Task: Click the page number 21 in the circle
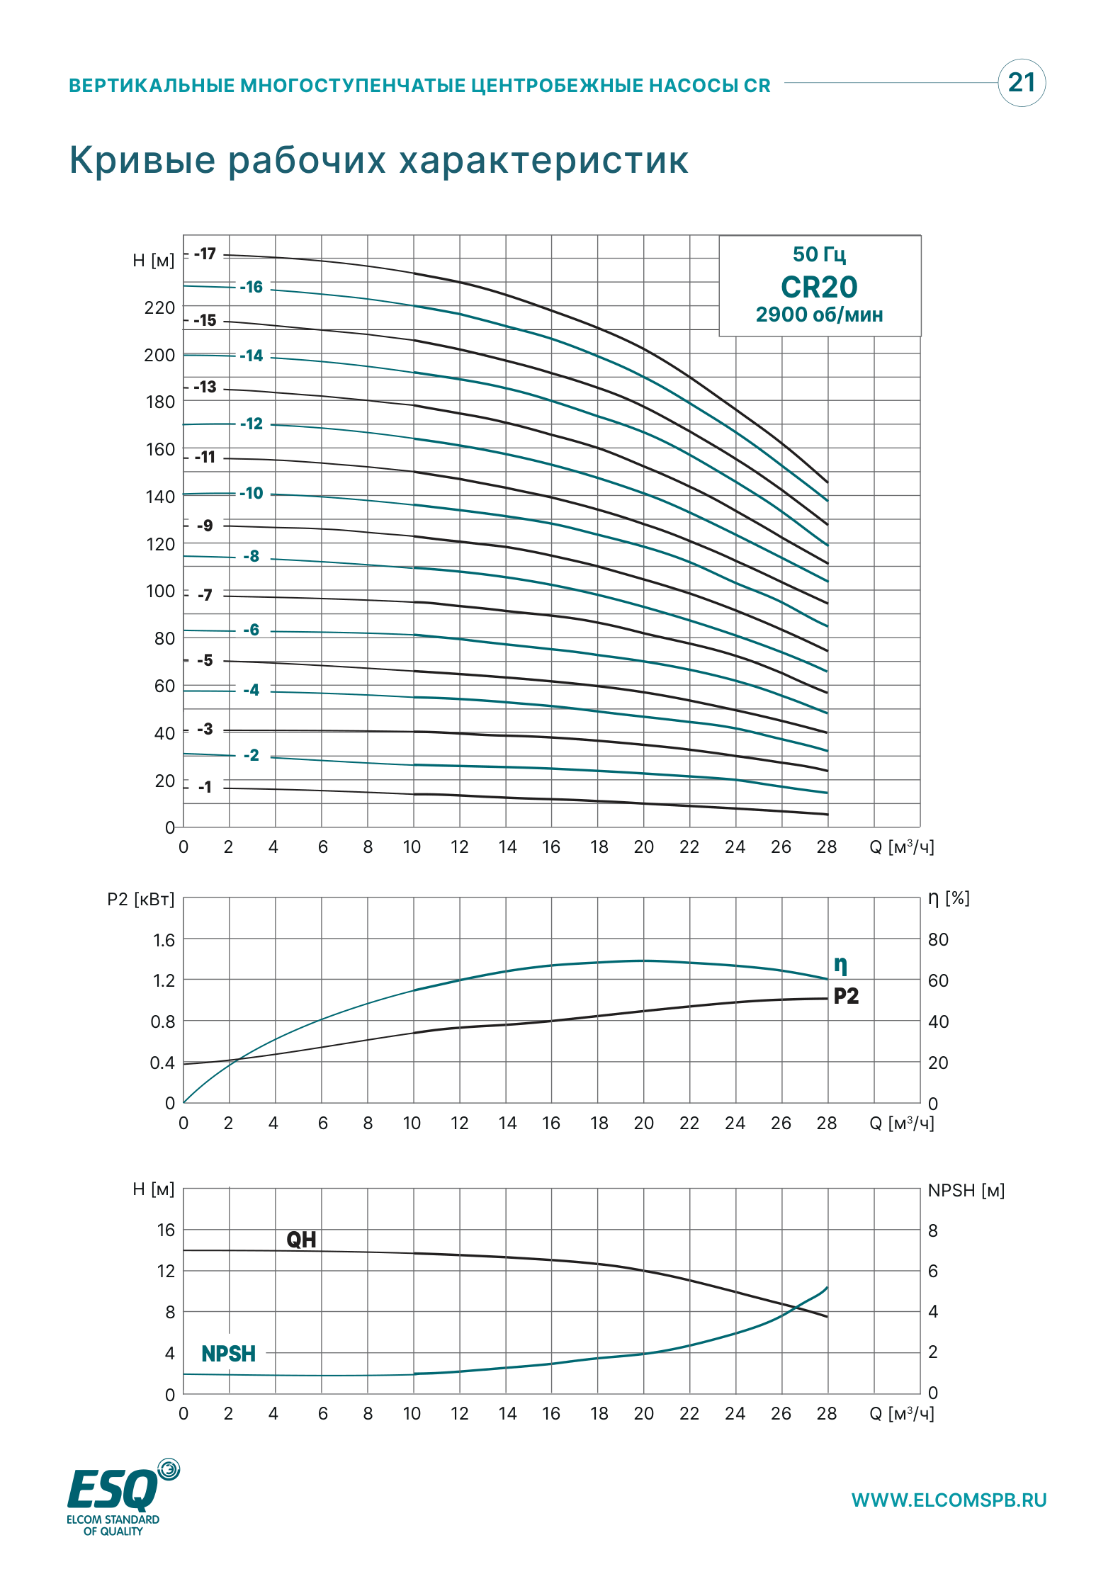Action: pyautogui.click(x=1021, y=82)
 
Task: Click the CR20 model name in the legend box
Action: pyautogui.click(x=819, y=287)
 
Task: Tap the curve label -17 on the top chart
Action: pyautogui.click(x=205, y=254)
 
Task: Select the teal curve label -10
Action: pyautogui.click(x=251, y=493)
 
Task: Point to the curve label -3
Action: pyautogui.click(x=205, y=729)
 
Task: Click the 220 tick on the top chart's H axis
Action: pyautogui.click(x=159, y=307)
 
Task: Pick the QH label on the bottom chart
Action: pyautogui.click(x=301, y=1239)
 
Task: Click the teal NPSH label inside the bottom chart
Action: pyautogui.click(x=228, y=1354)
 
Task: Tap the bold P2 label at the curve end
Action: pyautogui.click(x=846, y=996)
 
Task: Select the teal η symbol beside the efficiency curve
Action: pyautogui.click(x=840, y=965)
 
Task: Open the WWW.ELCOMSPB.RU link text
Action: pyautogui.click(x=949, y=1500)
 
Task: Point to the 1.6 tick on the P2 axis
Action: pyautogui.click(x=164, y=940)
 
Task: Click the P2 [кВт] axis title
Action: pyautogui.click(x=140, y=899)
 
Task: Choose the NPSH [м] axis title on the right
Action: pyautogui.click(x=966, y=1190)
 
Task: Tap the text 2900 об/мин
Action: pyautogui.click(x=819, y=315)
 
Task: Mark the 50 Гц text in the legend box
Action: pyautogui.click(x=819, y=254)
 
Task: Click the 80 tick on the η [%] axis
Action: pyautogui.click(x=938, y=939)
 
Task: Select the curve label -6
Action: pyautogui.click(x=251, y=630)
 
